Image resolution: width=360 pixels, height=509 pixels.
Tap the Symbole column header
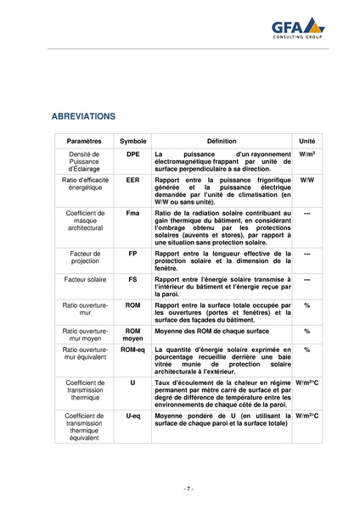[x=133, y=140]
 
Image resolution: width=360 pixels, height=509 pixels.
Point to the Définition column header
[x=222, y=140]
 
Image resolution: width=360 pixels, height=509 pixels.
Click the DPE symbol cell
[x=133, y=155]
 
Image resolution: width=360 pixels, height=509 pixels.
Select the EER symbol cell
[x=133, y=181]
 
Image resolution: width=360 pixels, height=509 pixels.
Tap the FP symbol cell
[x=133, y=253]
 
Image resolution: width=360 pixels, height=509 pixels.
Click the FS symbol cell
[x=133, y=278]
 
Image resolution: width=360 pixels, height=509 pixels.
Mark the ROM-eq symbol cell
[x=133, y=349]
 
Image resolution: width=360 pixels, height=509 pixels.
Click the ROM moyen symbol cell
[x=133, y=334]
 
